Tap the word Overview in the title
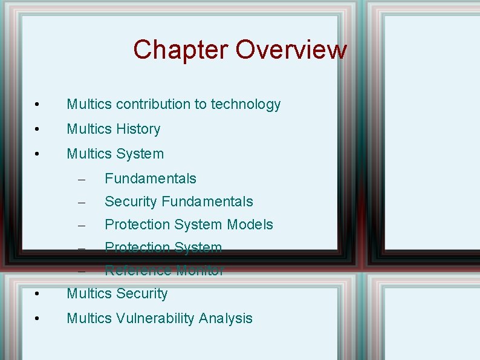point(291,50)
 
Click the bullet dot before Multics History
point(37,130)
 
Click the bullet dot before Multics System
point(37,155)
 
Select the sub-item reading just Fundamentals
point(151,178)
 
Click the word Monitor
point(200,270)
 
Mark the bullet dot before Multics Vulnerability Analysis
point(37,319)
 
